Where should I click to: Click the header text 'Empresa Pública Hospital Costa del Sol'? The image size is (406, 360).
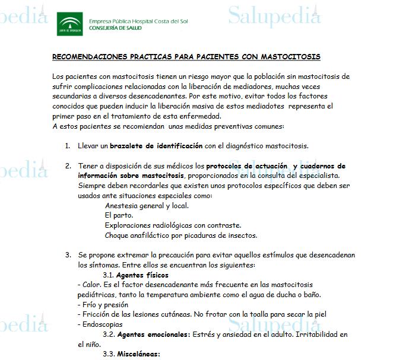pyautogui.click(x=138, y=21)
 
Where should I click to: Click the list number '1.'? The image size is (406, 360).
pyautogui.click(x=68, y=145)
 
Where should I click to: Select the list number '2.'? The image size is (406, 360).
pyautogui.click(x=68, y=166)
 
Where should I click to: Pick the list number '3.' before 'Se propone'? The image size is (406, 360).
pyautogui.click(x=68, y=255)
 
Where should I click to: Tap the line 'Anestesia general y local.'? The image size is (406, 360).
pyautogui.click(x=147, y=206)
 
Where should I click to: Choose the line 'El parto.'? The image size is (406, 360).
pyautogui.click(x=119, y=215)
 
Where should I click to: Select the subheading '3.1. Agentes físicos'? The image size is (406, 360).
pyautogui.click(x=135, y=275)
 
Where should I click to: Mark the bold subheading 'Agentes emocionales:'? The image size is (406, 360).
pyautogui.click(x=153, y=334)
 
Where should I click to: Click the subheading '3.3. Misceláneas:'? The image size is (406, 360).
pyautogui.click(x=131, y=354)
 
